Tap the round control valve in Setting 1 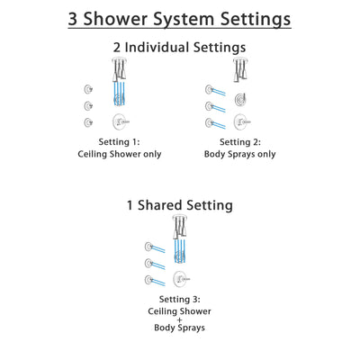117,121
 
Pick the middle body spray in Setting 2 211,104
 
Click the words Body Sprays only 241,156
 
